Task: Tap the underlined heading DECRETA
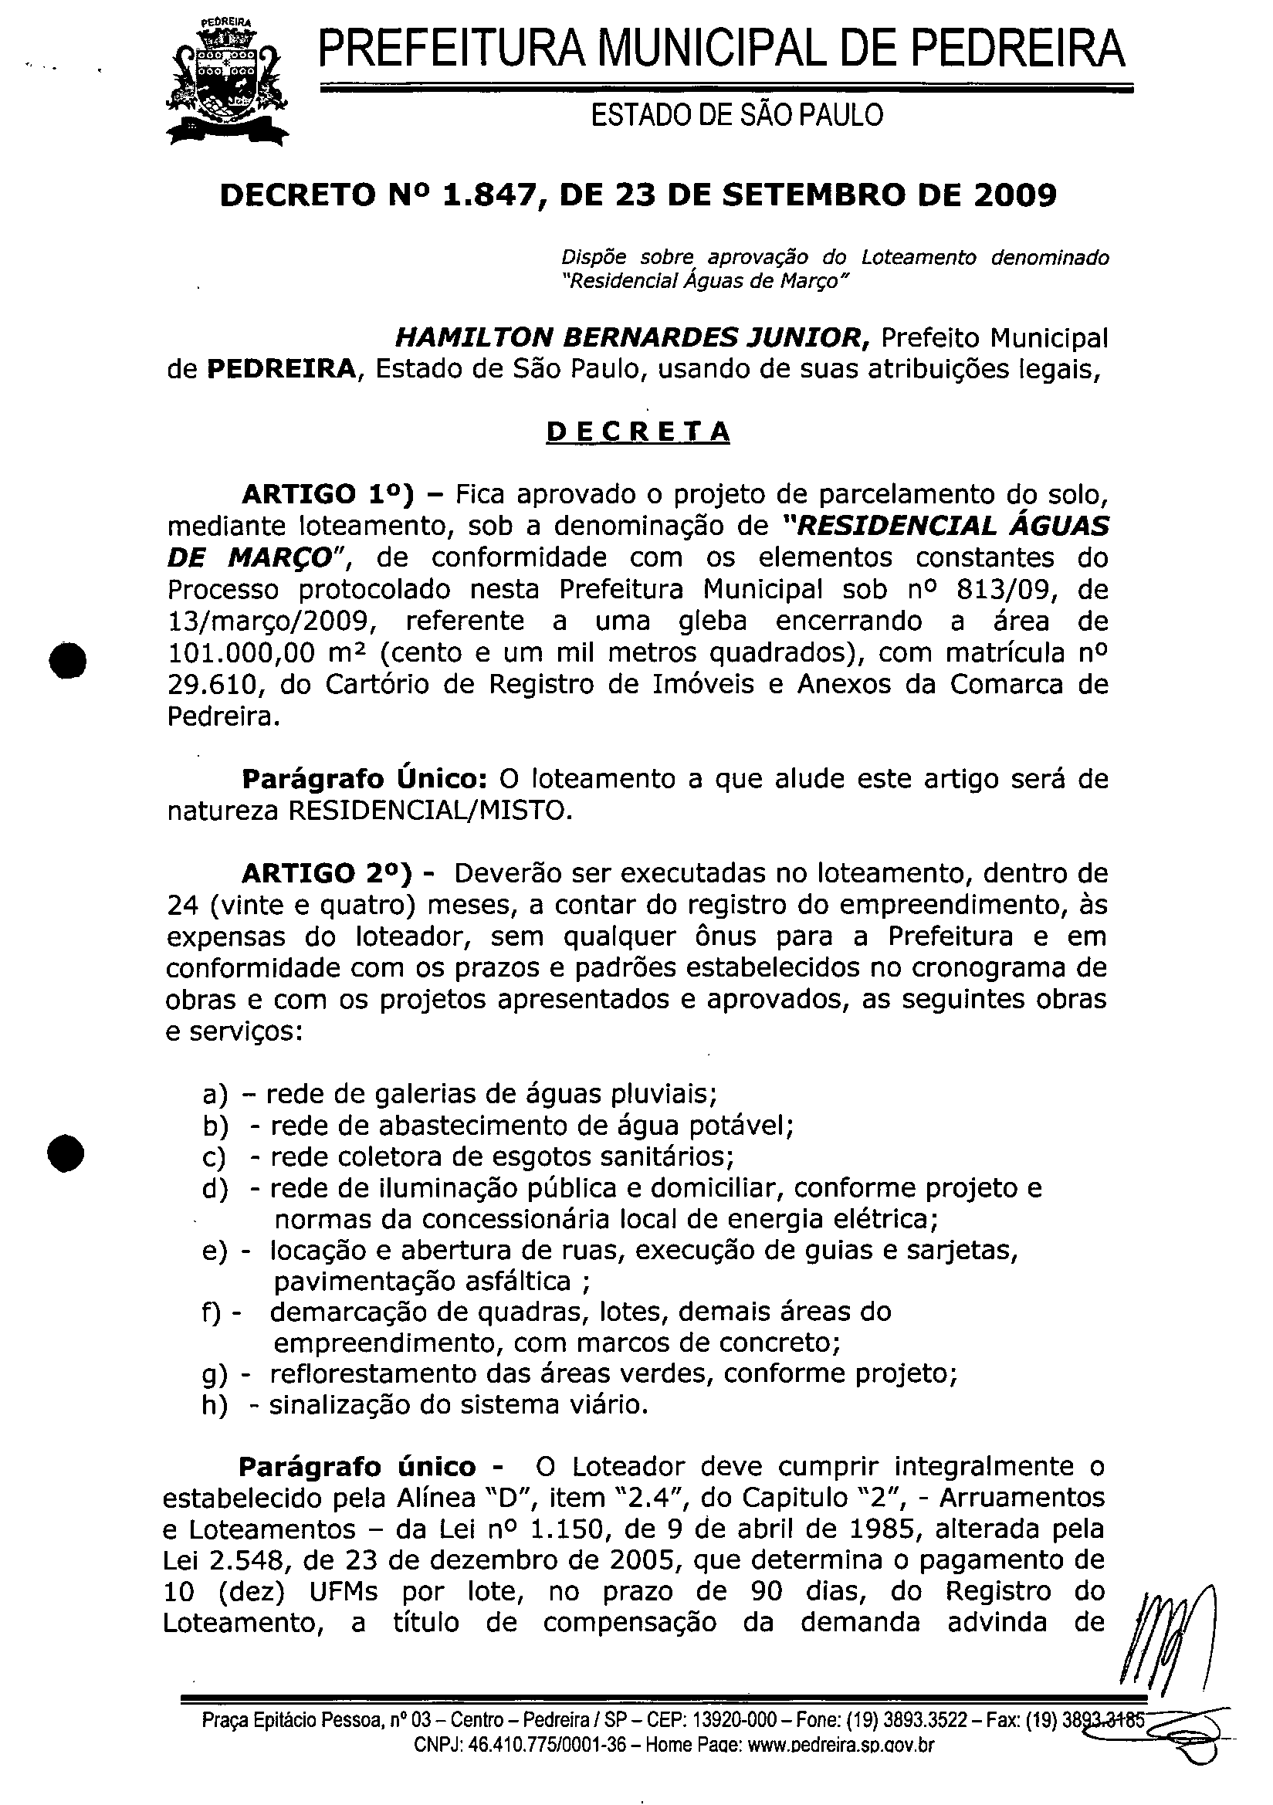pos(638,432)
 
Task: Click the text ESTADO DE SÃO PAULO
pos(736,116)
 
